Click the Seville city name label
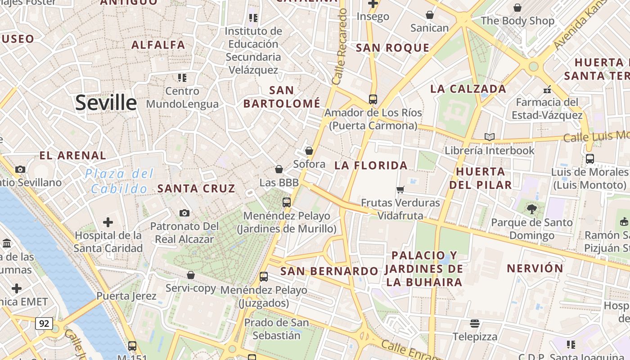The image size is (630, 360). [x=106, y=103]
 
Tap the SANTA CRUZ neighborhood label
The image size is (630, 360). [x=196, y=189]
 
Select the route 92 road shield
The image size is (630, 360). [x=44, y=323]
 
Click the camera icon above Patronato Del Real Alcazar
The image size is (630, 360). [x=184, y=213]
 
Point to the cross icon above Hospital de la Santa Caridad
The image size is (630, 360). [x=108, y=222]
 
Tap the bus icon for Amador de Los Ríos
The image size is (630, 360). [x=373, y=99]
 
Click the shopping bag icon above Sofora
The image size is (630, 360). [x=309, y=150]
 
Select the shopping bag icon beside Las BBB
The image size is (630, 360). [x=279, y=169]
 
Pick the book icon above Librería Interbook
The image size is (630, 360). [x=489, y=137]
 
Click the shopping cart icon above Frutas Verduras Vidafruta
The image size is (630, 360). [x=400, y=189]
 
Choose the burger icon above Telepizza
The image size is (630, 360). [x=474, y=323]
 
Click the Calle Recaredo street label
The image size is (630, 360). [x=340, y=47]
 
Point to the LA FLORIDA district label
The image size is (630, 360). [x=371, y=166]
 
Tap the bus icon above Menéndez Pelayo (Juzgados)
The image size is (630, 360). [x=264, y=276]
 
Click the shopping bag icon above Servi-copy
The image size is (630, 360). [x=191, y=274]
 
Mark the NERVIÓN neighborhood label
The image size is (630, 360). [x=535, y=269]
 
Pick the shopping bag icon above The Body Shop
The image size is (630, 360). [x=517, y=7]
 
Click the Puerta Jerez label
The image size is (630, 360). [x=126, y=296]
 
